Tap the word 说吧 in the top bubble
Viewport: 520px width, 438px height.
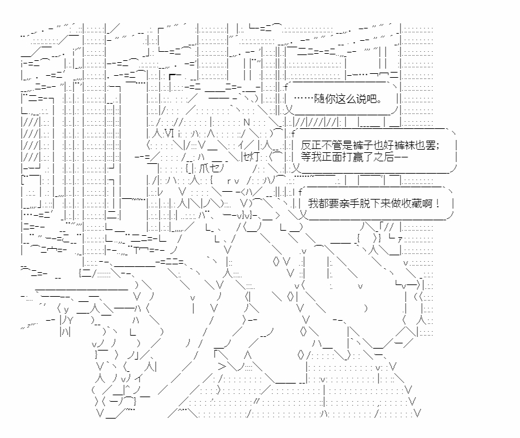click(x=365, y=100)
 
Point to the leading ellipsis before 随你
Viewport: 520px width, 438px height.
click(x=303, y=100)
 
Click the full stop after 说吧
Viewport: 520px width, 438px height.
click(x=379, y=100)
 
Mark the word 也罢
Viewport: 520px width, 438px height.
click(x=425, y=144)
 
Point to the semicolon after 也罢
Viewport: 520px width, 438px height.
click(x=438, y=144)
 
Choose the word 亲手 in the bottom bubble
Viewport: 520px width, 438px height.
click(x=357, y=203)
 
